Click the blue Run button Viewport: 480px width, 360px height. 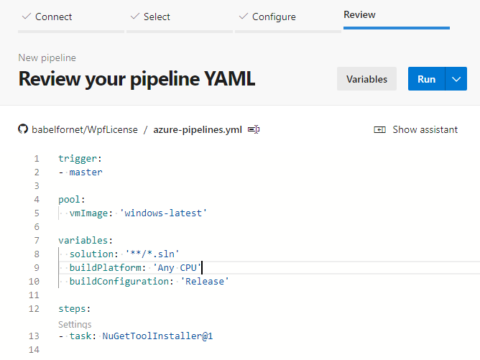pos(426,79)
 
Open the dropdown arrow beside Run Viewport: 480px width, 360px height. pos(456,79)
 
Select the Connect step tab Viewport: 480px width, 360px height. pos(47,17)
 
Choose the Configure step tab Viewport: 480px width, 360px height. pos(267,17)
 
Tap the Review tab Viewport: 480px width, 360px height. pos(359,14)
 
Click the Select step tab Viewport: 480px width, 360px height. pos(151,17)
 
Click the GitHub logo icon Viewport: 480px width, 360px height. pos(23,129)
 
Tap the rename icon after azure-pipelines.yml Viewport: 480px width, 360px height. pos(254,129)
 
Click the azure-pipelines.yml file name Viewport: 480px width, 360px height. pos(198,130)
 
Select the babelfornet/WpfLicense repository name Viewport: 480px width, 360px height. pos(85,130)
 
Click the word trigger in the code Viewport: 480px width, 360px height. pos(78,159)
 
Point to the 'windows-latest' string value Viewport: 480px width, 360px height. pos(163,213)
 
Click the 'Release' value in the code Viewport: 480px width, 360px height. pos(205,281)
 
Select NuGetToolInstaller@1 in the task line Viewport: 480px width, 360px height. pos(157,336)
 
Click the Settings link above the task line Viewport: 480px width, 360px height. pos(75,324)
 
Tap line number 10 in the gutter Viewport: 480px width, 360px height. pos(34,282)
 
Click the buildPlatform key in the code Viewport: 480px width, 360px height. pos(106,267)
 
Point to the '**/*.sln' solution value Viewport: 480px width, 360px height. pos(152,254)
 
